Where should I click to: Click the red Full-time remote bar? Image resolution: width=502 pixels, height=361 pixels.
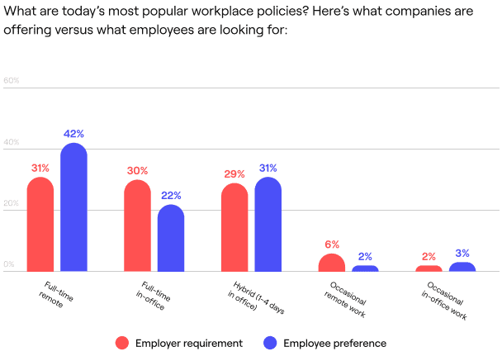coord(40,225)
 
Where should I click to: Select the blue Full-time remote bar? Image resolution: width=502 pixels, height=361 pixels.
coord(73,207)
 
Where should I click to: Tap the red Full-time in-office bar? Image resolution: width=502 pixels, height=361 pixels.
coord(138,226)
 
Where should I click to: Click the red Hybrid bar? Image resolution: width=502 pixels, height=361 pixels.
coord(234,227)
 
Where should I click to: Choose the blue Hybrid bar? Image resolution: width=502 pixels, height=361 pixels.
coord(268,225)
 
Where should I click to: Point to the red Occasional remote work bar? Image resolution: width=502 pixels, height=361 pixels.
coord(332,263)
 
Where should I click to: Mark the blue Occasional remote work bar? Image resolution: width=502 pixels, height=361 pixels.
coord(365,268)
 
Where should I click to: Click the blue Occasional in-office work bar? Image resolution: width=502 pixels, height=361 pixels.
coord(462,267)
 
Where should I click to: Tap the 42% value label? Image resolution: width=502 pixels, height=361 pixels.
coord(73,133)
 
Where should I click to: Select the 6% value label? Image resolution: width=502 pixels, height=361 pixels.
coord(332,244)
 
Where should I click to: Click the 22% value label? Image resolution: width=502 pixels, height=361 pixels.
coord(171,196)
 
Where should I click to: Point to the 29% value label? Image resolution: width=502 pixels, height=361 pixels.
coord(234,174)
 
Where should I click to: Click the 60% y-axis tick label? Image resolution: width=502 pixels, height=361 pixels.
coord(12,81)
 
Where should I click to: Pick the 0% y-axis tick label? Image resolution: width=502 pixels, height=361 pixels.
coord(10,264)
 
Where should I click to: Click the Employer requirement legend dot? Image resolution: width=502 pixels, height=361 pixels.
coord(122,343)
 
